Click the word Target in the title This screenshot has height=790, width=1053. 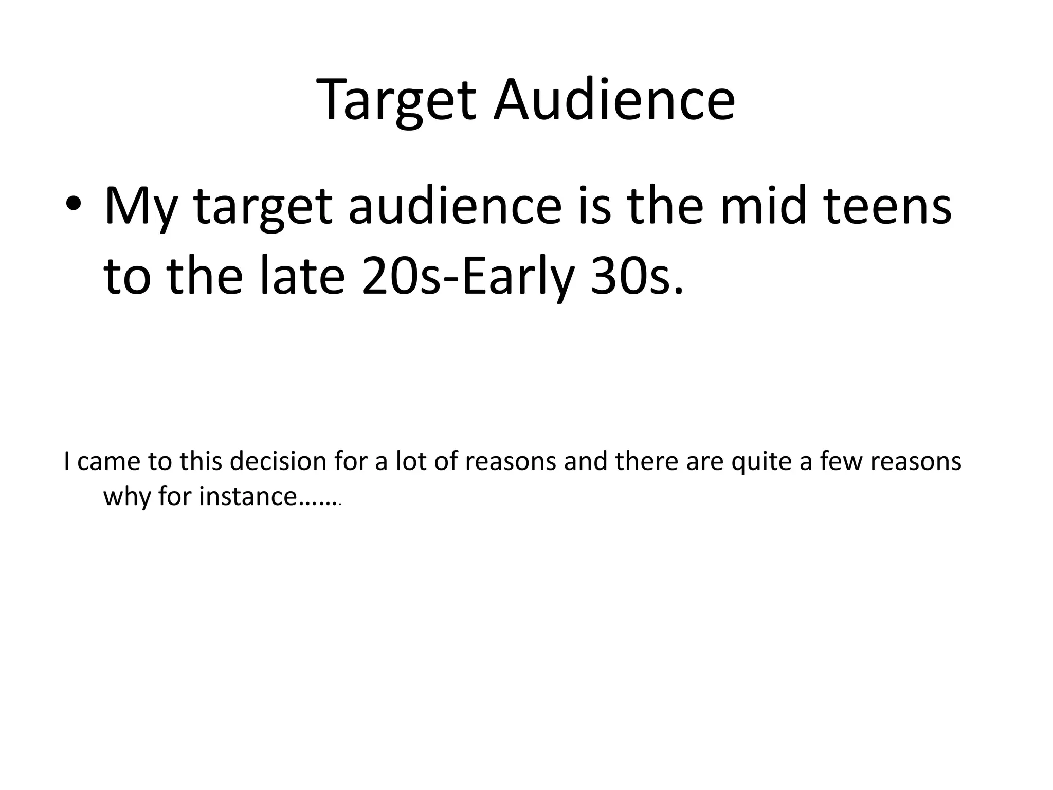pos(396,100)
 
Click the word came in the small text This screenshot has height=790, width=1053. pos(108,461)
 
